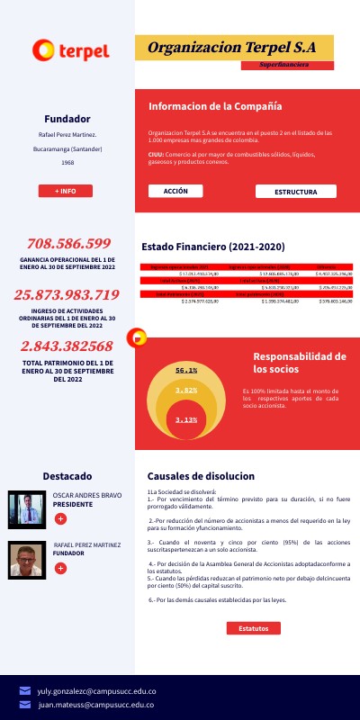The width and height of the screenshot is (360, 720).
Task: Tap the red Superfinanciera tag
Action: [287, 66]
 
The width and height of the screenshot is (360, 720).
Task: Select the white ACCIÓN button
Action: [175, 191]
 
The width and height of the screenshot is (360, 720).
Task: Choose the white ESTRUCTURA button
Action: [295, 192]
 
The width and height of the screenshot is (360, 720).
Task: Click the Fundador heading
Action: [67, 119]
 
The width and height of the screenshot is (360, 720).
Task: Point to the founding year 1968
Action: [67, 163]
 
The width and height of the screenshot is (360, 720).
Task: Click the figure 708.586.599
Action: [68, 244]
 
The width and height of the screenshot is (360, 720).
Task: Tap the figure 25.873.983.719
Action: [67, 294]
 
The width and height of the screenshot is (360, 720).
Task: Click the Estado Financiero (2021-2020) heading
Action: [213, 247]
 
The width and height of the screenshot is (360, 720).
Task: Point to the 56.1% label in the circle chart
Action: [186, 370]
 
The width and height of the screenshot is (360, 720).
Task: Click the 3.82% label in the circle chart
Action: [186, 391]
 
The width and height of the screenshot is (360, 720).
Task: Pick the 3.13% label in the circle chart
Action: [186, 419]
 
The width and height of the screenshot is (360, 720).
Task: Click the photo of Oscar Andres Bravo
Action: [26, 510]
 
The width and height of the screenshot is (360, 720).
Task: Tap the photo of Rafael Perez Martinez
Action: [26, 559]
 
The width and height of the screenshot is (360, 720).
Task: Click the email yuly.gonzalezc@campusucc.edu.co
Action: [96, 690]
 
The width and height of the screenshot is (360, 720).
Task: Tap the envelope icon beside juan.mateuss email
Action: [25, 705]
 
